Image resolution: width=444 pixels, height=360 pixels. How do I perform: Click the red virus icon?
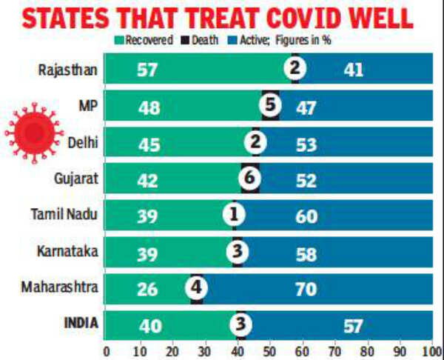30,132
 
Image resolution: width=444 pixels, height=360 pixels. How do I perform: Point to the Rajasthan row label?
67,70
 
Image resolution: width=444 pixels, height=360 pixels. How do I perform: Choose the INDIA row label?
78,323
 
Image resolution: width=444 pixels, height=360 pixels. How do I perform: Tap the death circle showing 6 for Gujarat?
250,179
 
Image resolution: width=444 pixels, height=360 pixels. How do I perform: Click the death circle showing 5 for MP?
270,107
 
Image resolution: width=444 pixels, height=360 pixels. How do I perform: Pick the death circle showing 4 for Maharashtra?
196,287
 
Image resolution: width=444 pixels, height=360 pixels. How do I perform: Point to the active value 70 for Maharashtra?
306,288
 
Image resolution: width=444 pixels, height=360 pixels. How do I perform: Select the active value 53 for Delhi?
305,143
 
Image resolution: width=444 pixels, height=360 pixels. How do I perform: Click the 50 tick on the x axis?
270,350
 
